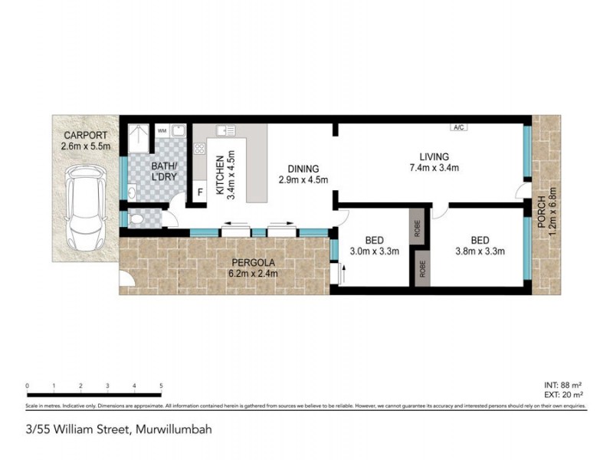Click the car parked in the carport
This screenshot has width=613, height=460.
click(x=84, y=207)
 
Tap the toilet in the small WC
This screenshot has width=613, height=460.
click(x=138, y=219)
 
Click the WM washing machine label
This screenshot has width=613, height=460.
click(x=162, y=131)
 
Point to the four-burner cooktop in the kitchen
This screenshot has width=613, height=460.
click(x=199, y=149)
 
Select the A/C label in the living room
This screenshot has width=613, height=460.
click(x=460, y=127)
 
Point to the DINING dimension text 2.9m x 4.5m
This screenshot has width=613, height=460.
click(x=303, y=181)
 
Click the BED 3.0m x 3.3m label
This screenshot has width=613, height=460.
click(x=375, y=245)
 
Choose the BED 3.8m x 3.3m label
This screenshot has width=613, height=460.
click(x=473, y=245)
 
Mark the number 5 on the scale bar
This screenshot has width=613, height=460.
click(x=161, y=386)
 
